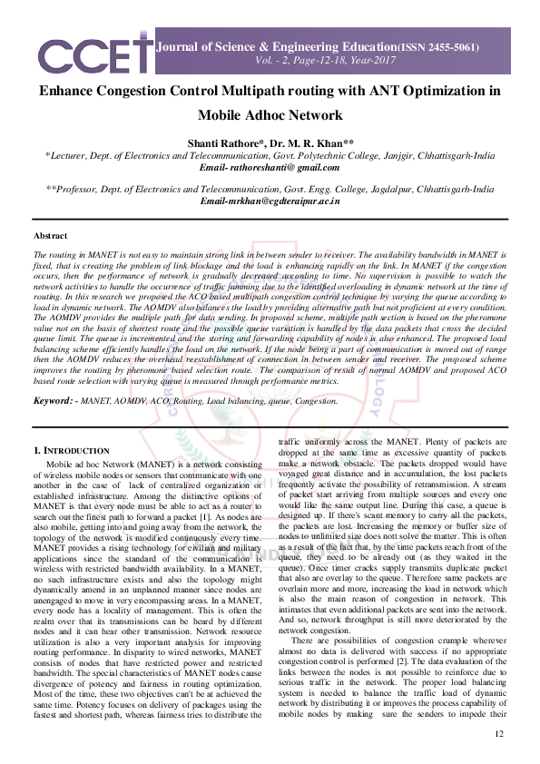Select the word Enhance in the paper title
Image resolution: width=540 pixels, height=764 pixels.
[x=70, y=92]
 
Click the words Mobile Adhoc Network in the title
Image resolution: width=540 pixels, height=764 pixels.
[x=270, y=115]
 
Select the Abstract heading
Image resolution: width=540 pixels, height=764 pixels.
[x=50, y=236]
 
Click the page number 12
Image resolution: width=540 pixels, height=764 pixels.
[x=498, y=733]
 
